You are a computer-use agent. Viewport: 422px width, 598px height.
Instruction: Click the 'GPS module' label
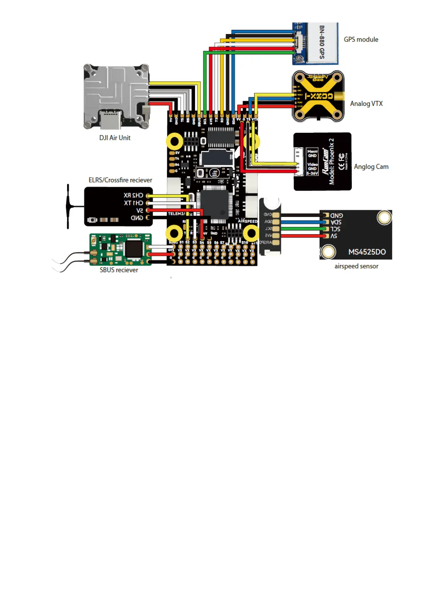coord(361,39)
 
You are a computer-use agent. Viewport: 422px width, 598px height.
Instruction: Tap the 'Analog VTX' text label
coord(366,104)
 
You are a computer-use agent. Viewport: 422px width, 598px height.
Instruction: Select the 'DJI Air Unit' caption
coord(115,138)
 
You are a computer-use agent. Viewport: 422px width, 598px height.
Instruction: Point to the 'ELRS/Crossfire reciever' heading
coord(120,180)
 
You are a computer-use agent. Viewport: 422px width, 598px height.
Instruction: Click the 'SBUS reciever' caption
coord(119,270)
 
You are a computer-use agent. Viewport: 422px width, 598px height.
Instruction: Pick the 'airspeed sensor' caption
coord(356,266)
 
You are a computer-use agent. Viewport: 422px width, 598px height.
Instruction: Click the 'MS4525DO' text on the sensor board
coord(367,252)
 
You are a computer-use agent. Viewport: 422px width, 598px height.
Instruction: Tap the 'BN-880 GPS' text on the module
coord(322,42)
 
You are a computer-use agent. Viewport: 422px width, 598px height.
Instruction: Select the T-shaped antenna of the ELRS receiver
coord(68,207)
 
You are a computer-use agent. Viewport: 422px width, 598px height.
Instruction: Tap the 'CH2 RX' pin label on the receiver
coord(133,195)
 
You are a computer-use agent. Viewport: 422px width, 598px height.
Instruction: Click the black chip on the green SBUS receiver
coord(134,248)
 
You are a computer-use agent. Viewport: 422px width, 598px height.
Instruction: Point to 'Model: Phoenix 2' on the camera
coord(331,162)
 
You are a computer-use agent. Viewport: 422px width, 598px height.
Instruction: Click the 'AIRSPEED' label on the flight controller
coord(248,221)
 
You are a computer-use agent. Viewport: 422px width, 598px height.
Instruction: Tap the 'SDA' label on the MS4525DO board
coord(336,222)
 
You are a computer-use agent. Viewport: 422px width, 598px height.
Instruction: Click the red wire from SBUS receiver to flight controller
coord(160,254)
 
